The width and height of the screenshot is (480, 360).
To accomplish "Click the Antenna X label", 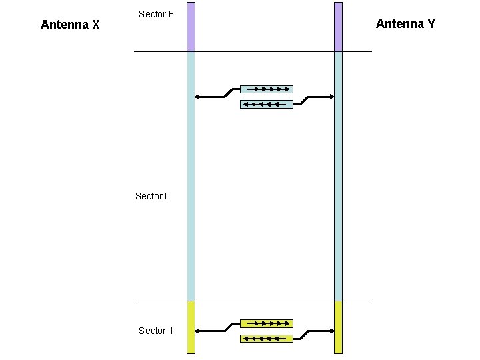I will (x=70, y=25).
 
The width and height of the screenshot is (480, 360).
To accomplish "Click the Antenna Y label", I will (x=405, y=24).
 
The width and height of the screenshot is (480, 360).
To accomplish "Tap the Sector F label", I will (x=156, y=14).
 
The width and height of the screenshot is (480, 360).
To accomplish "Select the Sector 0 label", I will (x=153, y=196).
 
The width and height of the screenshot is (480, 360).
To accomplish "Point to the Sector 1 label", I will (x=156, y=331).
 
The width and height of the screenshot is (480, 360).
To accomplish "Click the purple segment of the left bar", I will (x=191, y=27).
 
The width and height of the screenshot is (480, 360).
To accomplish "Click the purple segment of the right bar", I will (x=338, y=27).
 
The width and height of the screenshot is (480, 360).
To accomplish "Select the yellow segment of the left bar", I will (x=191, y=327).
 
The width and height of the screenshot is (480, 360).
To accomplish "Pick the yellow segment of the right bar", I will (x=338, y=327).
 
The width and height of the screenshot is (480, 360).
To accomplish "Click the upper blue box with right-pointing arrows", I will (x=266, y=89).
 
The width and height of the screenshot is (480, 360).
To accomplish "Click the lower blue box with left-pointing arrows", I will (x=266, y=104).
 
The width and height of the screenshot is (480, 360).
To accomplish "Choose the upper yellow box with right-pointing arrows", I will (x=266, y=323).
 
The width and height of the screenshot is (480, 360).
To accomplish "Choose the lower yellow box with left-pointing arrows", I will (x=266, y=339).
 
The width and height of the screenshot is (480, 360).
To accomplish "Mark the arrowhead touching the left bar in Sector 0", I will (x=198, y=97).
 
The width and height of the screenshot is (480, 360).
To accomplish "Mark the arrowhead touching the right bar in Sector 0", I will (x=331, y=97).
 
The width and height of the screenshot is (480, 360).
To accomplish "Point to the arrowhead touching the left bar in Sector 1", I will (x=198, y=331).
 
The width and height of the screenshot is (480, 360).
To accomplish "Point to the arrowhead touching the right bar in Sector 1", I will (x=331, y=331).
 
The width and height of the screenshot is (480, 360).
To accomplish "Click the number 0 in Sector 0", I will (x=167, y=196).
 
